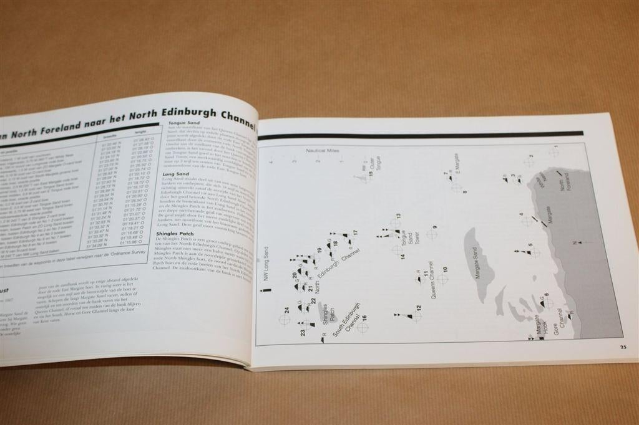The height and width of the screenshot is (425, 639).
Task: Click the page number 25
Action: [623, 347]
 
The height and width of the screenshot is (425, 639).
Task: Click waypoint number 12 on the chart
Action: [419, 308]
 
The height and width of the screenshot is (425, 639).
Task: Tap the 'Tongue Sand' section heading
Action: [183, 123]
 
